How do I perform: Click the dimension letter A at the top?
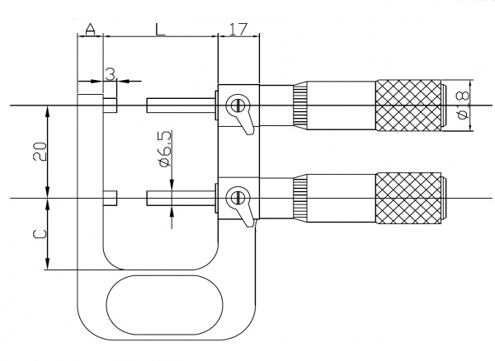tap(90, 30)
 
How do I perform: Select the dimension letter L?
tap(160, 30)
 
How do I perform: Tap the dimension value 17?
tap(238, 30)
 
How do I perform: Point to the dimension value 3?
tap(111, 75)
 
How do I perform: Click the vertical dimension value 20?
tap(40, 152)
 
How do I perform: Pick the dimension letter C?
tap(40, 234)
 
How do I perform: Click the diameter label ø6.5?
tap(166, 148)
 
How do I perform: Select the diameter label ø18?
tap(463, 106)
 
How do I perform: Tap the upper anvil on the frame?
tap(111, 105)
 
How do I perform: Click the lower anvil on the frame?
tap(111, 199)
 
